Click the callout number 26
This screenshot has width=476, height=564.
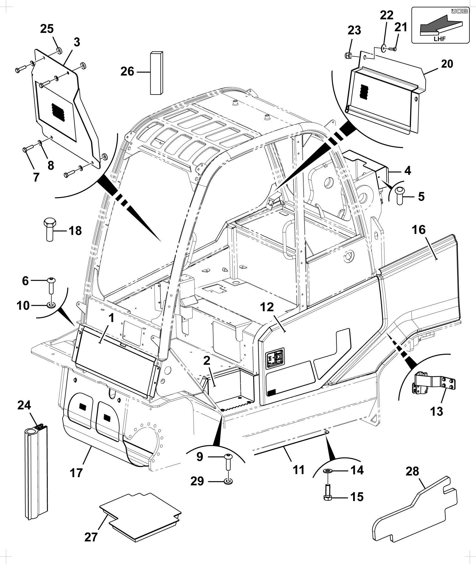coord(127,72)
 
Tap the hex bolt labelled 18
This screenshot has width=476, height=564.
coord(49,229)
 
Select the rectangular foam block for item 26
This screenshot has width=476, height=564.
coord(157,73)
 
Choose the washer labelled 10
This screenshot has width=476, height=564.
coord(52,305)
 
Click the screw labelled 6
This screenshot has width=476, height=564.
coord(52,285)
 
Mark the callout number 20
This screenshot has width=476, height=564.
coord(446,64)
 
